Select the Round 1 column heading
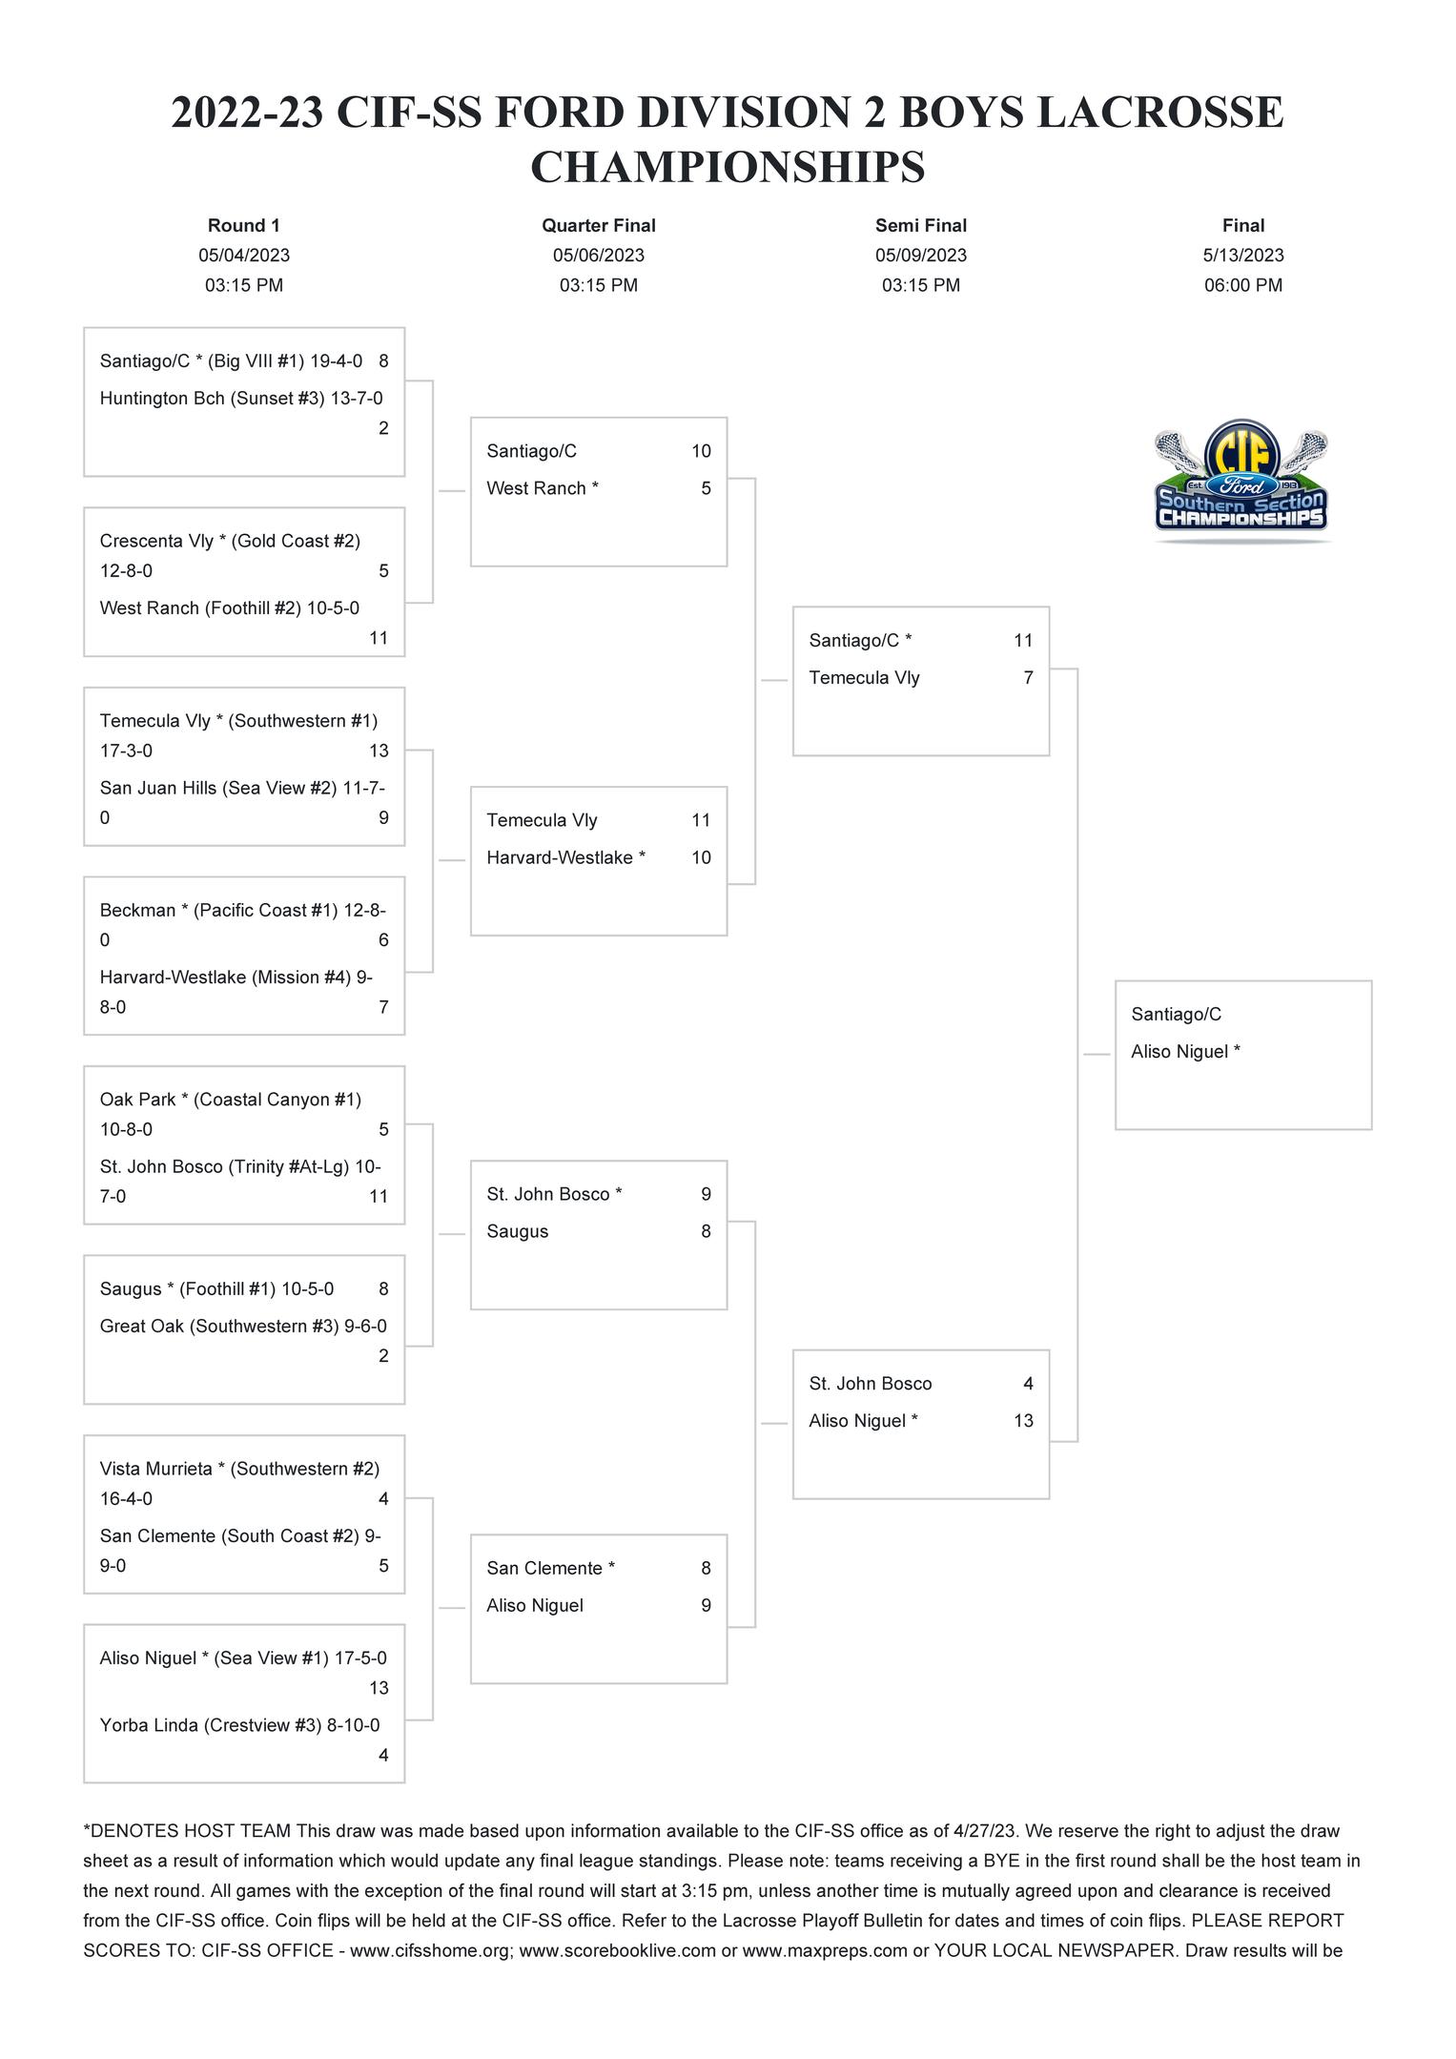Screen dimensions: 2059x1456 (x=244, y=226)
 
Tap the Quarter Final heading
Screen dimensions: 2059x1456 (x=598, y=226)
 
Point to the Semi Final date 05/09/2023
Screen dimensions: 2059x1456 (x=920, y=256)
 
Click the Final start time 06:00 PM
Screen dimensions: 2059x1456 (x=1242, y=285)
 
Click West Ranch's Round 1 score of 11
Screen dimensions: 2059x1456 (x=379, y=638)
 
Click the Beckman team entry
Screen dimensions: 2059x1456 (x=138, y=910)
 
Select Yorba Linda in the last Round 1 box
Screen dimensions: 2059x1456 (x=149, y=1724)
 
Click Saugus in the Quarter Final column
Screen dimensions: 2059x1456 (x=517, y=1231)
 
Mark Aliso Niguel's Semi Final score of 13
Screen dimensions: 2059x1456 (x=1023, y=1420)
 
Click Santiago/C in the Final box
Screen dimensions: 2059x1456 (x=1176, y=1015)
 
